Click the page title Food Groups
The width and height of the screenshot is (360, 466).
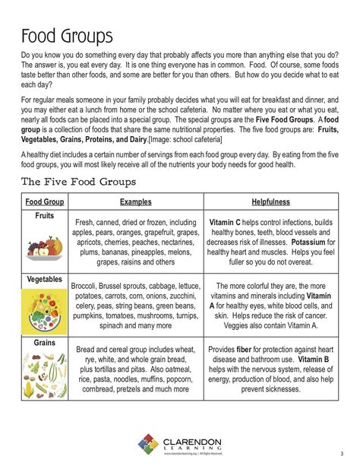(x=67, y=36)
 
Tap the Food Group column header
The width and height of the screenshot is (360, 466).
(x=44, y=202)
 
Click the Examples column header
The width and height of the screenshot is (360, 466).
(x=136, y=202)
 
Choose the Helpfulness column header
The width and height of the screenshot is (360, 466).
(x=272, y=202)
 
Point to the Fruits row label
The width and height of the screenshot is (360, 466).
(x=44, y=216)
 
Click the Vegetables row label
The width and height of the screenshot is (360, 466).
(x=44, y=280)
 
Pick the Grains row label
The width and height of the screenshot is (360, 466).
(x=44, y=343)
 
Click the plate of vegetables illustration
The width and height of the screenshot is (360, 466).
(x=44, y=310)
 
